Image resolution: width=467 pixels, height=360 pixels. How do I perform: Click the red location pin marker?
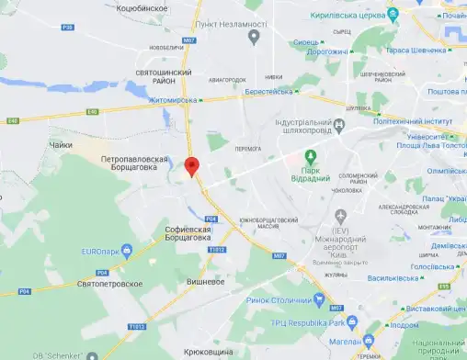(192, 166)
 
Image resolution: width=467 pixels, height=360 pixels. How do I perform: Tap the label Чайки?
(59, 144)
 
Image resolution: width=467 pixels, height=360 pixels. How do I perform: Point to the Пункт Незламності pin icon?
(253, 36)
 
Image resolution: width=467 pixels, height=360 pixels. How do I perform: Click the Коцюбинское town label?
(143, 7)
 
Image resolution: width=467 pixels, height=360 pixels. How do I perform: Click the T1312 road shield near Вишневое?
(217, 249)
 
